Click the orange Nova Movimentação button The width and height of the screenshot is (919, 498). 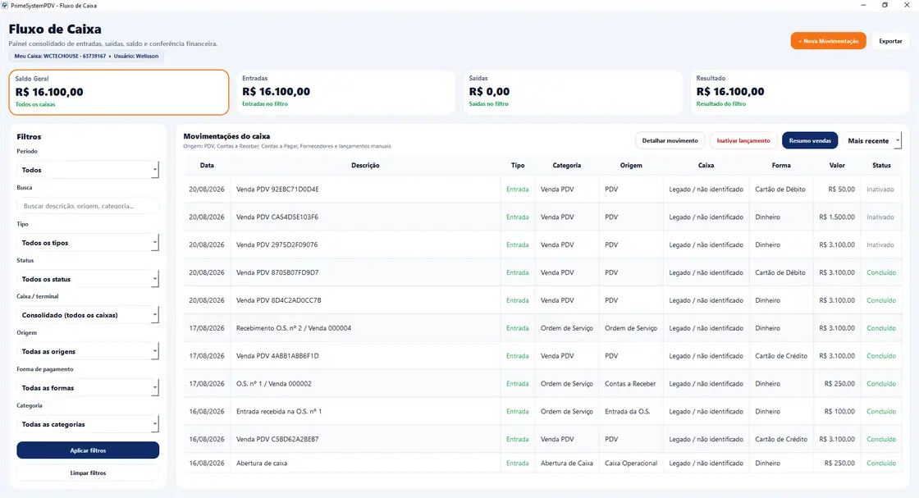pos(828,41)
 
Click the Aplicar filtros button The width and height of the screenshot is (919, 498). pos(88,450)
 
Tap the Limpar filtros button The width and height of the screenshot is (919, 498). pos(88,473)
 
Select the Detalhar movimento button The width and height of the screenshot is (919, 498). pos(670,140)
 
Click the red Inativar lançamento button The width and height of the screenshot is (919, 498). pos(743,140)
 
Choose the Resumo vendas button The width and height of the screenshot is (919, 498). pos(810,140)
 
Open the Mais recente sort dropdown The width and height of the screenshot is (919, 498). pos(871,140)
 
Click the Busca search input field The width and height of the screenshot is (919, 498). pos(88,206)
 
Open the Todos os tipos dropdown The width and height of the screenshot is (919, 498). pos(88,243)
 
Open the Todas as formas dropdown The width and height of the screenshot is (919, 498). pos(88,388)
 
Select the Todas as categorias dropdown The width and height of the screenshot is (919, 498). pos(88,424)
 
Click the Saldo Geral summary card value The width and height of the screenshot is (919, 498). pos(49,92)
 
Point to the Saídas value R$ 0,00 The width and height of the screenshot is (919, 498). pos(489,91)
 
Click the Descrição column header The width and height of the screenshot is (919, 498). pos(365,165)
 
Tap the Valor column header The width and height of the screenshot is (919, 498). pos(837,165)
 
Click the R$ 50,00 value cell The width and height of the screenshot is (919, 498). pos(842,190)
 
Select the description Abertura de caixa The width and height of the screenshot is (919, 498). pos(262,463)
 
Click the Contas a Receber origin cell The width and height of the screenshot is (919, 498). pos(630,384)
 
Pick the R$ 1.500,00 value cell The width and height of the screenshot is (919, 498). pos(837,217)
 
